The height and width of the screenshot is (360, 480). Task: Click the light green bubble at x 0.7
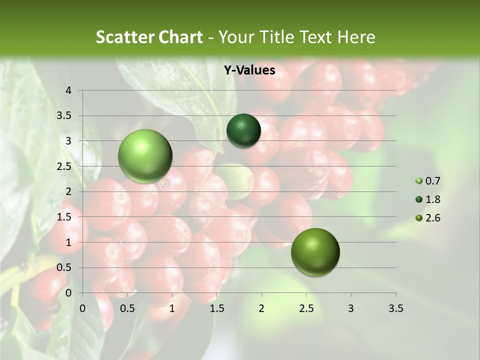(145, 156)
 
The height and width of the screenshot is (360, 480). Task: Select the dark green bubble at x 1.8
(243, 130)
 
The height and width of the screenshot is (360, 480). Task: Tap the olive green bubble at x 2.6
(315, 252)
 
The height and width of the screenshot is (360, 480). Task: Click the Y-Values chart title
(249, 70)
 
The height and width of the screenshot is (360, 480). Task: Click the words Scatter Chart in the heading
(149, 37)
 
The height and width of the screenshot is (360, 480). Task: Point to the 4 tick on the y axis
(68, 90)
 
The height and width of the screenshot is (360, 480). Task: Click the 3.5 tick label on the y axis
(64, 116)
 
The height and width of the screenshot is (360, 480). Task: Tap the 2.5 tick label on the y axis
(64, 166)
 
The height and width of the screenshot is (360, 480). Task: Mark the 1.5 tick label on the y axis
(64, 217)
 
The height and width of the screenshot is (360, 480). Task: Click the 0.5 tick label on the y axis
(64, 267)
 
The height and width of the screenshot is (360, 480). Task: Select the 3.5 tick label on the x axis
(395, 308)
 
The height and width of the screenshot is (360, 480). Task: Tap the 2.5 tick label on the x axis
(306, 308)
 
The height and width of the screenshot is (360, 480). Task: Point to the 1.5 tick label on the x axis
(216, 308)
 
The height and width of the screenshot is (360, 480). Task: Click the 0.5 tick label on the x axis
(127, 308)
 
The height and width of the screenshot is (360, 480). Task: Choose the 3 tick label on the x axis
(351, 308)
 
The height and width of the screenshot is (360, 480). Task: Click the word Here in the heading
(356, 37)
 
